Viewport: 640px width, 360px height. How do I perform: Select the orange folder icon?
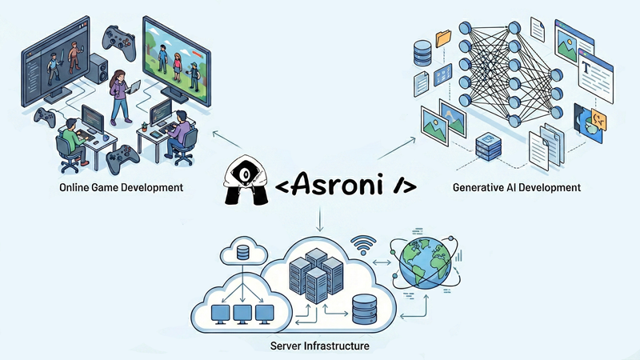tap(442, 36)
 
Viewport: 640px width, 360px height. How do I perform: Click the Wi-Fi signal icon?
tap(365, 243)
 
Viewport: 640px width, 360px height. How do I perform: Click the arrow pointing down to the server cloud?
tap(320, 220)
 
